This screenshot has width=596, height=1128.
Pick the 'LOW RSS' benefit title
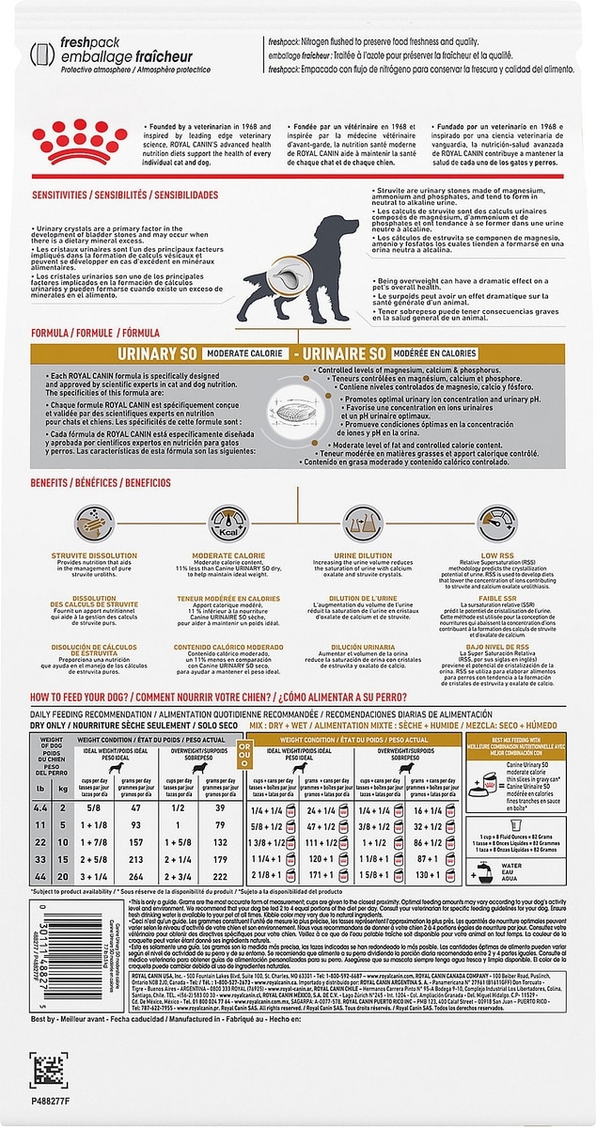click(496, 556)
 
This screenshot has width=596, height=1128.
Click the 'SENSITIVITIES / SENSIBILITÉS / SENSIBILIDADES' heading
click(112, 195)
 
